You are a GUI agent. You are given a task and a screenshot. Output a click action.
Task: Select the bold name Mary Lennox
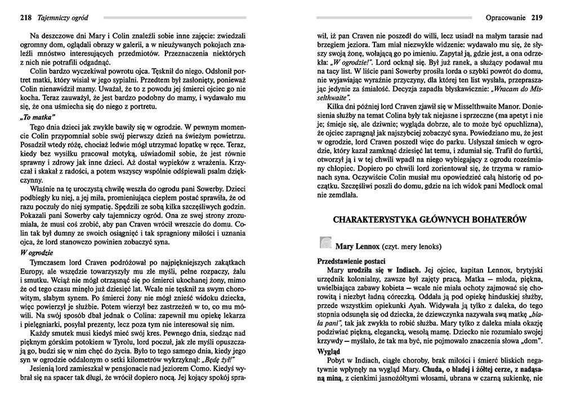[x=357, y=247]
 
